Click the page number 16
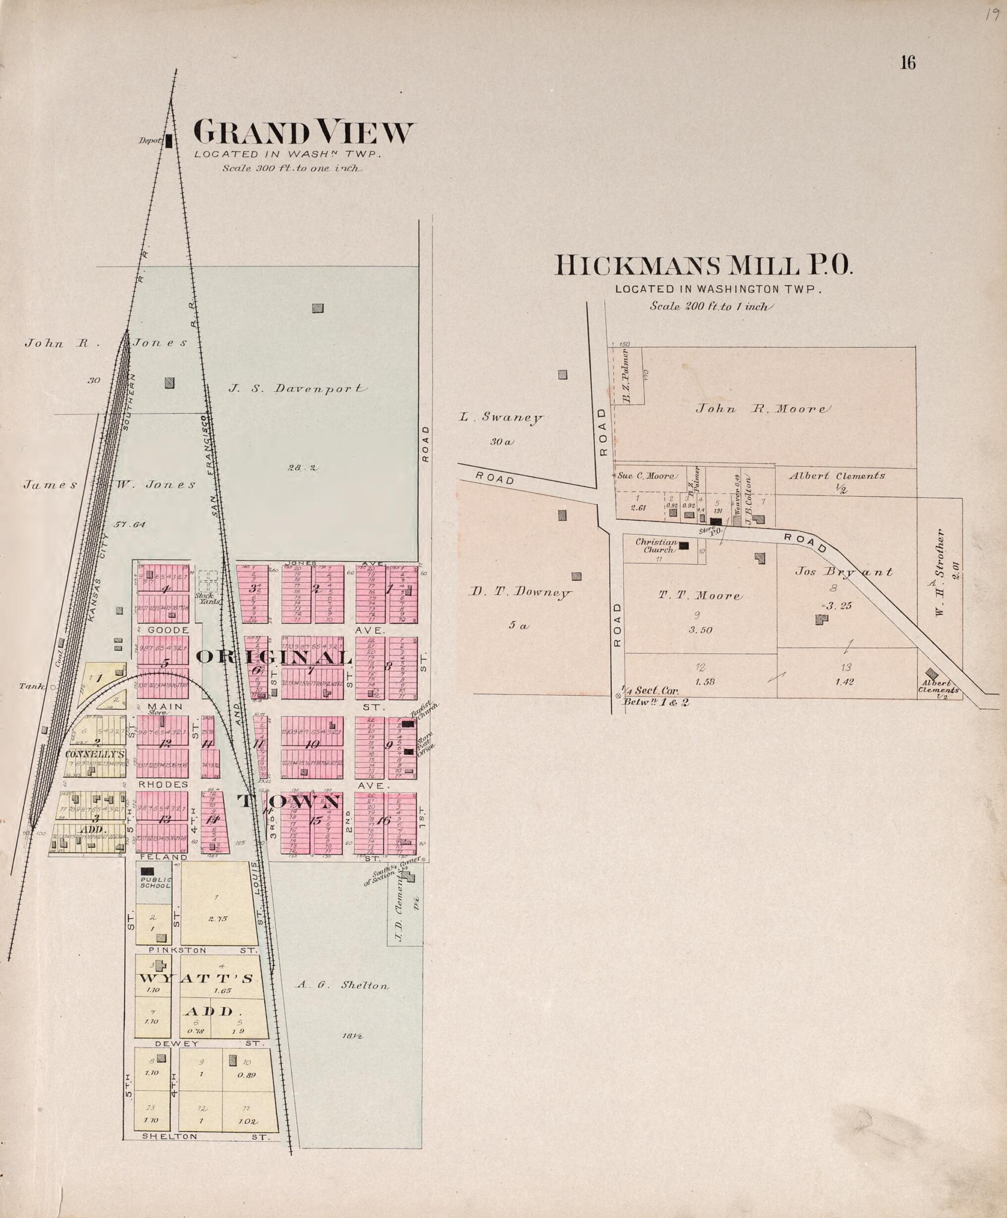(908, 62)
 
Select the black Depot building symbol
(169, 141)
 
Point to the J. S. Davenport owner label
(298, 389)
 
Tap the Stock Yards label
(207, 598)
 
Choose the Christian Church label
(656, 546)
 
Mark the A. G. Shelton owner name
(342, 985)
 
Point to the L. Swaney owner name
(501, 417)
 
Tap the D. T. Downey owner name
(520, 593)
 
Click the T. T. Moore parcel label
(699, 596)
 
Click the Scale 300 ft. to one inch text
(292, 169)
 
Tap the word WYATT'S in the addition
(196, 978)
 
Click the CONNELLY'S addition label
(95, 754)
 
